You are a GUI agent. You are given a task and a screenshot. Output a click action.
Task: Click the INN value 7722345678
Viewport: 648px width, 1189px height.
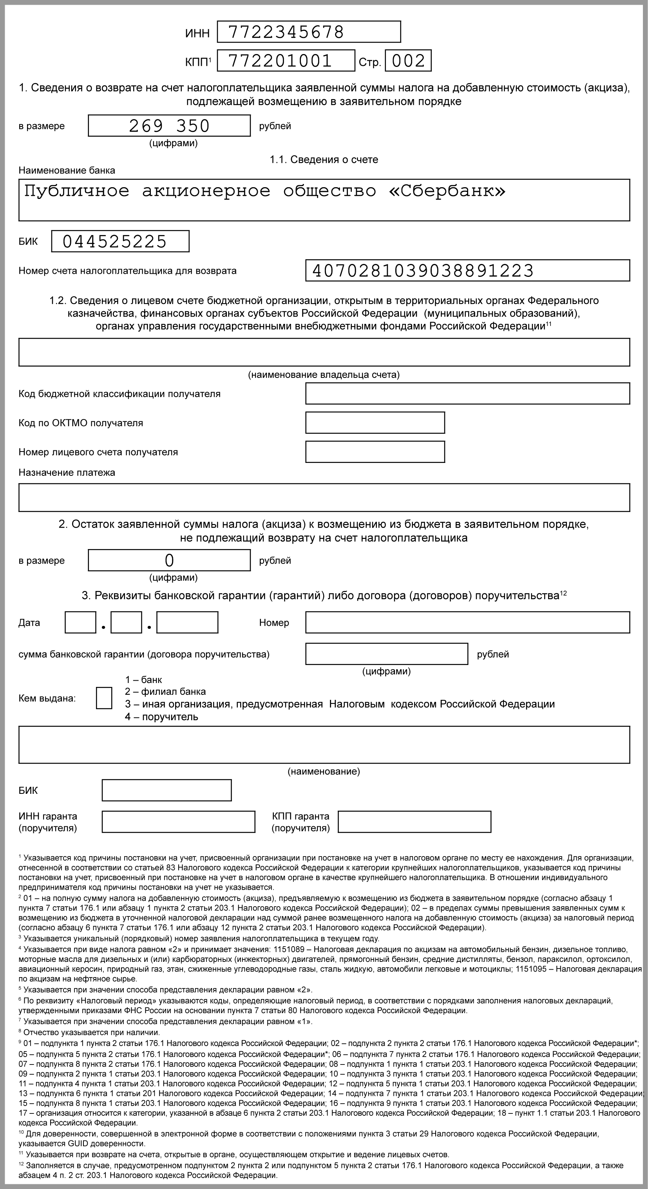[286, 32]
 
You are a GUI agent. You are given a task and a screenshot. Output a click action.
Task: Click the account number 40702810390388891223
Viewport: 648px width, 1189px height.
[423, 271]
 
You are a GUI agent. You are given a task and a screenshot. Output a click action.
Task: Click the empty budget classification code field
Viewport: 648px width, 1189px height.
[467, 394]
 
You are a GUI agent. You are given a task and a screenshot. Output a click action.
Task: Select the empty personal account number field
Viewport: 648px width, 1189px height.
[375, 452]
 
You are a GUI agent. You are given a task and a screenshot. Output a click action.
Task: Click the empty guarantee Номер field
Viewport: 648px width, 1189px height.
[467, 623]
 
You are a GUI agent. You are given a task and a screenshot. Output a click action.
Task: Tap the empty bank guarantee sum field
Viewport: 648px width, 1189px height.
[387, 654]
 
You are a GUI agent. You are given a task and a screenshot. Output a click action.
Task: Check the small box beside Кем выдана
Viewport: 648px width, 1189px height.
[104, 698]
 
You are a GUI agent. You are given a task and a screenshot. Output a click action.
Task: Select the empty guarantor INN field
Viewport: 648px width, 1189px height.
[178, 822]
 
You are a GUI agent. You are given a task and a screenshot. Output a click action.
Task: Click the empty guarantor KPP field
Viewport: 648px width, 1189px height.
[414, 822]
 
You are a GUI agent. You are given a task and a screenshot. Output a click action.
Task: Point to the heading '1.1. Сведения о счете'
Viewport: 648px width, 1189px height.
[324, 160]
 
